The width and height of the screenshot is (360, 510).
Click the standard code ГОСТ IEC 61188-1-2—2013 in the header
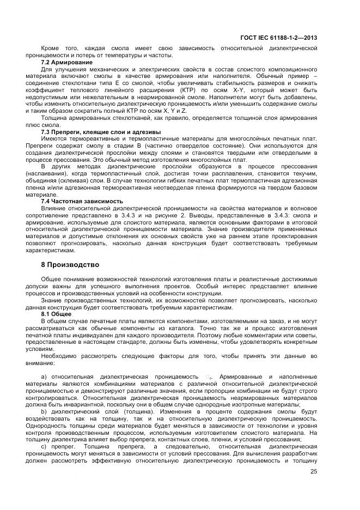pyautogui.click(x=279, y=37)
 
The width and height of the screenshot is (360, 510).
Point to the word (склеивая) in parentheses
pyautogui.click(x=82, y=180)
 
